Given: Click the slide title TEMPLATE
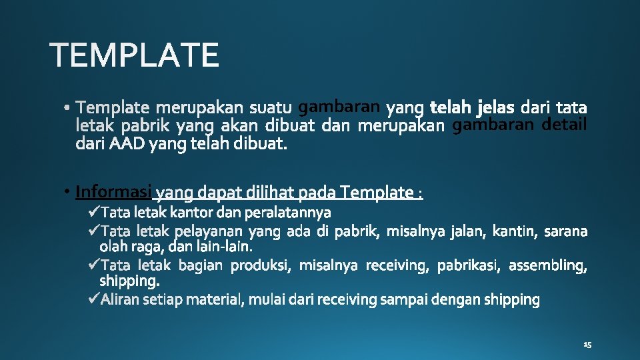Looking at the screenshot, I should click(x=134, y=55).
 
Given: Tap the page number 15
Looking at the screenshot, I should click(x=587, y=345).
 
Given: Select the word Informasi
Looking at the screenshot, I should click(x=114, y=192).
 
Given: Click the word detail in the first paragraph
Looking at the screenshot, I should click(x=564, y=125).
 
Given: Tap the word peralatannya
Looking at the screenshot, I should click(x=288, y=213).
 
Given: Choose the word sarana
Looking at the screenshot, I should click(x=566, y=231).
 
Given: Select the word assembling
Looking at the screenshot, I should click(x=548, y=266).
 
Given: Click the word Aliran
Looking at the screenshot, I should click(x=118, y=300).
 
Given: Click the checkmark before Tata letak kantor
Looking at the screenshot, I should click(x=93, y=213).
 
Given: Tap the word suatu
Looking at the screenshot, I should click(x=271, y=107).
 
